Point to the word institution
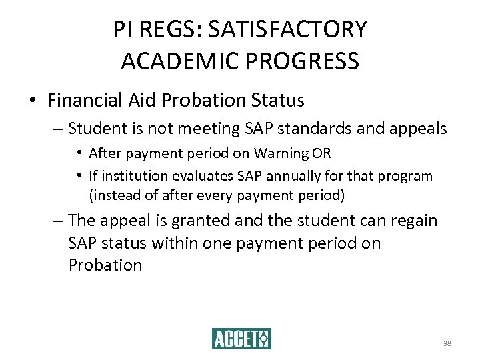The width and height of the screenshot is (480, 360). (131, 176)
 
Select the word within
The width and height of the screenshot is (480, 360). (176, 243)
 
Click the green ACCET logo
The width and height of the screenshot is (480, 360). (241, 339)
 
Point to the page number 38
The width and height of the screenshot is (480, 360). (447, 344)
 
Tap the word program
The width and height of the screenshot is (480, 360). (409, 176)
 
